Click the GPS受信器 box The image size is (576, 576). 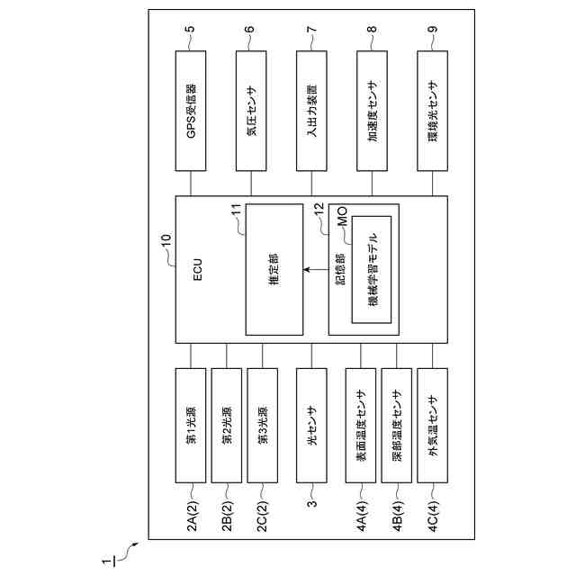pos(191,111)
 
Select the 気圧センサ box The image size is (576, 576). pos(251,111)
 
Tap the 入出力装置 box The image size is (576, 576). pos(312,111)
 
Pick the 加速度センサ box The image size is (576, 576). pos(373,111)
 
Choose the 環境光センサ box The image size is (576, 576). pos(433,111)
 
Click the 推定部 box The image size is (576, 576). pos(274,268)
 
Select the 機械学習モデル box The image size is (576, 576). pos(373,269)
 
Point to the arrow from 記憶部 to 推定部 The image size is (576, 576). pos(315,269)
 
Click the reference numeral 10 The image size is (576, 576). pos(165,240)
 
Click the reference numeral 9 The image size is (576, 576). pos(433,30)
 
